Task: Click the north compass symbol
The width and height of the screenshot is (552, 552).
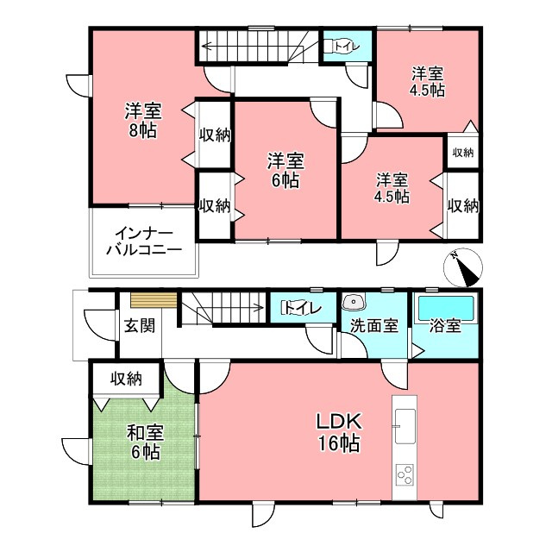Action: tap(463, 268)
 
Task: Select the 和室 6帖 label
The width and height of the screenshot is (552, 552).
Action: tap(145, 442)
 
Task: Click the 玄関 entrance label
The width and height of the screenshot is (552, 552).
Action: tap(140, 325)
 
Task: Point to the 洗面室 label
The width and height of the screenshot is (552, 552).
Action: tap(374, 326)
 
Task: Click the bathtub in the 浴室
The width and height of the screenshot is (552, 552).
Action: tap(446, 309)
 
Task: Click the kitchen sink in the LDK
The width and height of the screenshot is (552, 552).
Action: tap(405, 426)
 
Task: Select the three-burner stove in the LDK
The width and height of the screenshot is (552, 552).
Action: tap(405, 475)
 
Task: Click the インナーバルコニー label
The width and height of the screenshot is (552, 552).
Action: tap(144, 241)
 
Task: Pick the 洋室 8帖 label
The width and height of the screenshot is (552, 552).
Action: tap(143, 121)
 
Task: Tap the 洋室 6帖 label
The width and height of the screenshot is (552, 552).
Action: tap(285, 170)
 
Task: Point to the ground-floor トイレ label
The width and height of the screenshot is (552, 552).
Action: tap(303, 308)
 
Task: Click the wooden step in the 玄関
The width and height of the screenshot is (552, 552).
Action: tap(154, 301)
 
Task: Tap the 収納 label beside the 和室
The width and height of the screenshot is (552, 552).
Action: tap(127, 379)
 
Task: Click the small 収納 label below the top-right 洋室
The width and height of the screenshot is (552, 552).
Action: tap(463, 153)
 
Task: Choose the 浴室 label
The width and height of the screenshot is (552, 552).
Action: tap(445, 326)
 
